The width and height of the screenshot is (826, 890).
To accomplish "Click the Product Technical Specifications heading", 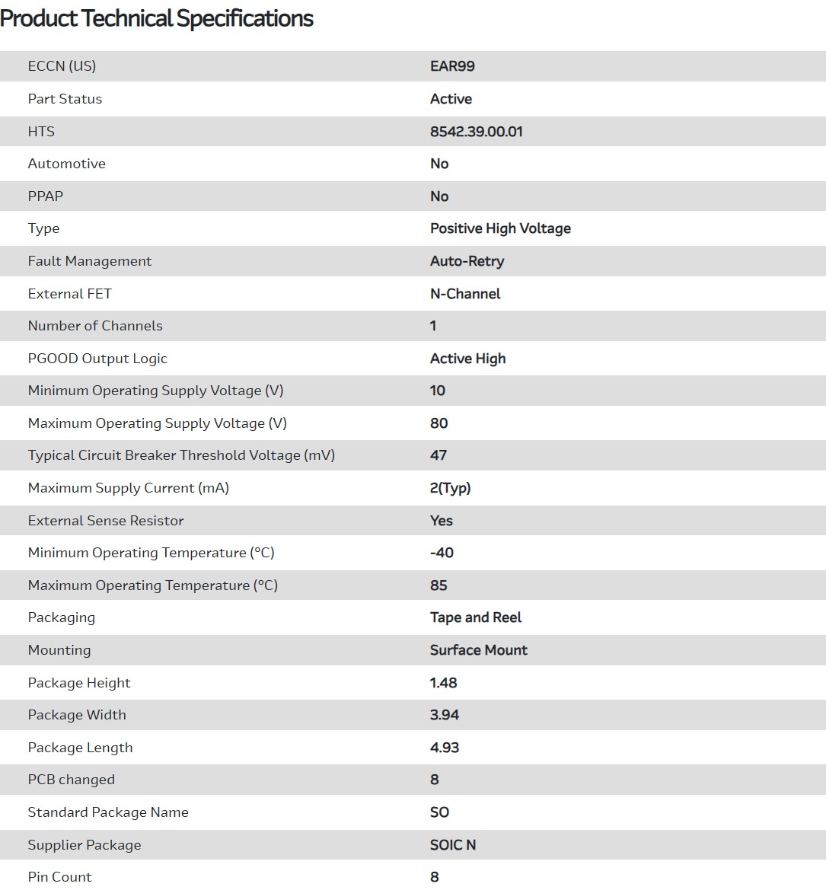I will (157, 18).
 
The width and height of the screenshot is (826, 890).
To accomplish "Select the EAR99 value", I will (452, 66).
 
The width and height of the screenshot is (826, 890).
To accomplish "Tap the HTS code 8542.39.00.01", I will (476, 132).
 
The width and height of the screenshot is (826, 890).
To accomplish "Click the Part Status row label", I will (65, 99).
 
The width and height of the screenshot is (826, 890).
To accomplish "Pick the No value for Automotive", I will (439, 164).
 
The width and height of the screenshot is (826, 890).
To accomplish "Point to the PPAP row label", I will (46, 196).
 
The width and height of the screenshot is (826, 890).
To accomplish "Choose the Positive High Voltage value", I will (500, 228).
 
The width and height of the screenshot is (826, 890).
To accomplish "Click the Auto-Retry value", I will (467, 261).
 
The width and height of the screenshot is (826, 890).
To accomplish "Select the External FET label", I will (69, 294).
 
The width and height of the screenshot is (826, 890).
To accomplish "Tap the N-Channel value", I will (465, 294).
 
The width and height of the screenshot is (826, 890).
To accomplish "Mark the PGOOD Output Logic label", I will (97, 359).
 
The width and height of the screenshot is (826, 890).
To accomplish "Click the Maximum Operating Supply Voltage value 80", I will (439, 423).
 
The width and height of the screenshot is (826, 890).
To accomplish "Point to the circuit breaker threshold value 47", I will (439, 455).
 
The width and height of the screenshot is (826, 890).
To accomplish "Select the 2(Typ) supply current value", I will (450, 488).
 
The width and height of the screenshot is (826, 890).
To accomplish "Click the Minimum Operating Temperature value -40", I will (442, 553).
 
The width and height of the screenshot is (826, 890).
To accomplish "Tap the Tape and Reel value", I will (476, 617).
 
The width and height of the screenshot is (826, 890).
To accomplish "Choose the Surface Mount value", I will (478, 650).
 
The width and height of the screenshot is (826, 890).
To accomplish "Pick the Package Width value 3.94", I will (445, 715).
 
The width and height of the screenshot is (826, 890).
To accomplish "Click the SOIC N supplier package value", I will (453, 845).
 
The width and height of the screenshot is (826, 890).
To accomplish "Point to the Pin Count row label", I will (59, 877).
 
